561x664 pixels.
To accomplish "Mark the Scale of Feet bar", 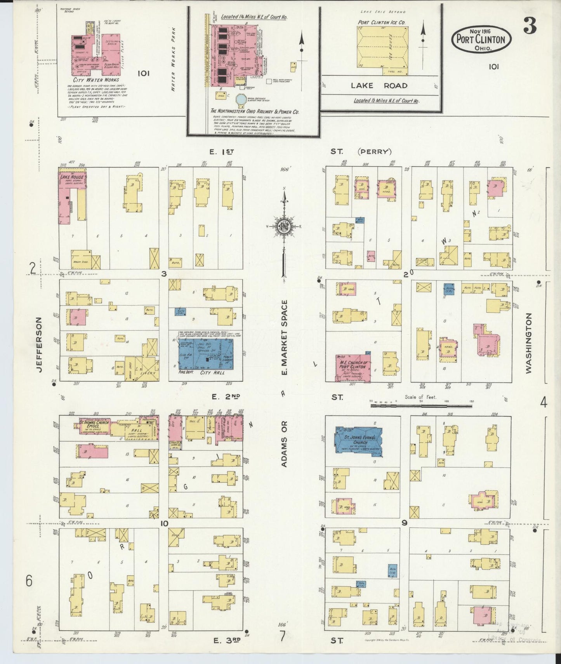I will point(421,405).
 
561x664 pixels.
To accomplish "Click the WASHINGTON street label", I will point(528,344).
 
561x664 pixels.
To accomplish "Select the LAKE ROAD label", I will point(379,86).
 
